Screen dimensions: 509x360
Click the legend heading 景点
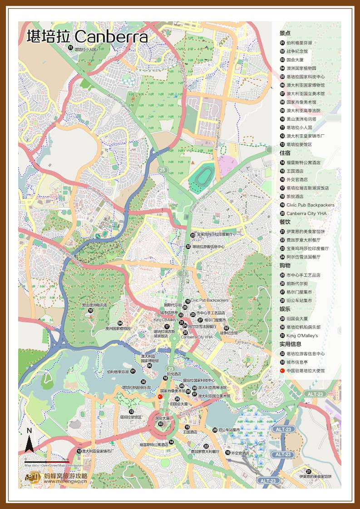tap(285, 33)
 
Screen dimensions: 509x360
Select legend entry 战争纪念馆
tap(297, 51)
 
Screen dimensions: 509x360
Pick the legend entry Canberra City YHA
tap(306, 213)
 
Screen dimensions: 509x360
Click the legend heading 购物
tap(285, 265)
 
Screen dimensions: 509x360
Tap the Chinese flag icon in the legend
tap(282, 371)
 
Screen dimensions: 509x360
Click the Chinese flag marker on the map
tap(160, 396)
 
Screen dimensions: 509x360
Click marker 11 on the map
tap(70, 48)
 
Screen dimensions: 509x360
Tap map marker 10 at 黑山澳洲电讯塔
tap(90, 310)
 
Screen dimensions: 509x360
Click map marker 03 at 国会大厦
tap(160, 424)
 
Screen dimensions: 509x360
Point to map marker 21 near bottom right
tap(309, 471)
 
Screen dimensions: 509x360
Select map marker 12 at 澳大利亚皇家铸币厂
tap(79, 451)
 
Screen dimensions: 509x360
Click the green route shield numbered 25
tap(163, 170)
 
